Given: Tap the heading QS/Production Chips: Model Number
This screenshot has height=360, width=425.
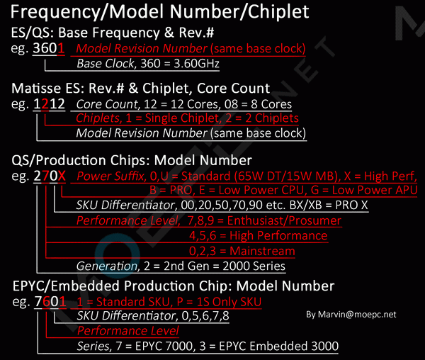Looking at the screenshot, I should (132, 160).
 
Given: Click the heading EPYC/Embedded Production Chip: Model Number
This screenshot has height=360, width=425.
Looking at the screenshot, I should (173, 286).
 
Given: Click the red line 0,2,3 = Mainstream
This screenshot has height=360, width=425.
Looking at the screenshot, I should (242, 251).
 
